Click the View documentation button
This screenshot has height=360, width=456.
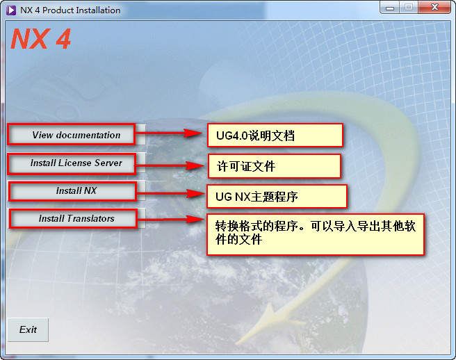76,135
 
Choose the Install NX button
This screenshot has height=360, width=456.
76,191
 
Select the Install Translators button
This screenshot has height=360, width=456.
76,218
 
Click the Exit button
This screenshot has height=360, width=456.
28,329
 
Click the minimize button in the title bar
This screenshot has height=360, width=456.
390,8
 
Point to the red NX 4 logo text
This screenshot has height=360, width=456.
41,39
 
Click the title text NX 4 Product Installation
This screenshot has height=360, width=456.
70,10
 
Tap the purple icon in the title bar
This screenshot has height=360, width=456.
10,10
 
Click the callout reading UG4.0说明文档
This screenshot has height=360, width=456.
275,136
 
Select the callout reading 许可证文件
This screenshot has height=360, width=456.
274,166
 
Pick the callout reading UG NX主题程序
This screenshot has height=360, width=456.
276,197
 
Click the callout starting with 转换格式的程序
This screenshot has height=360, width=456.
315,234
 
